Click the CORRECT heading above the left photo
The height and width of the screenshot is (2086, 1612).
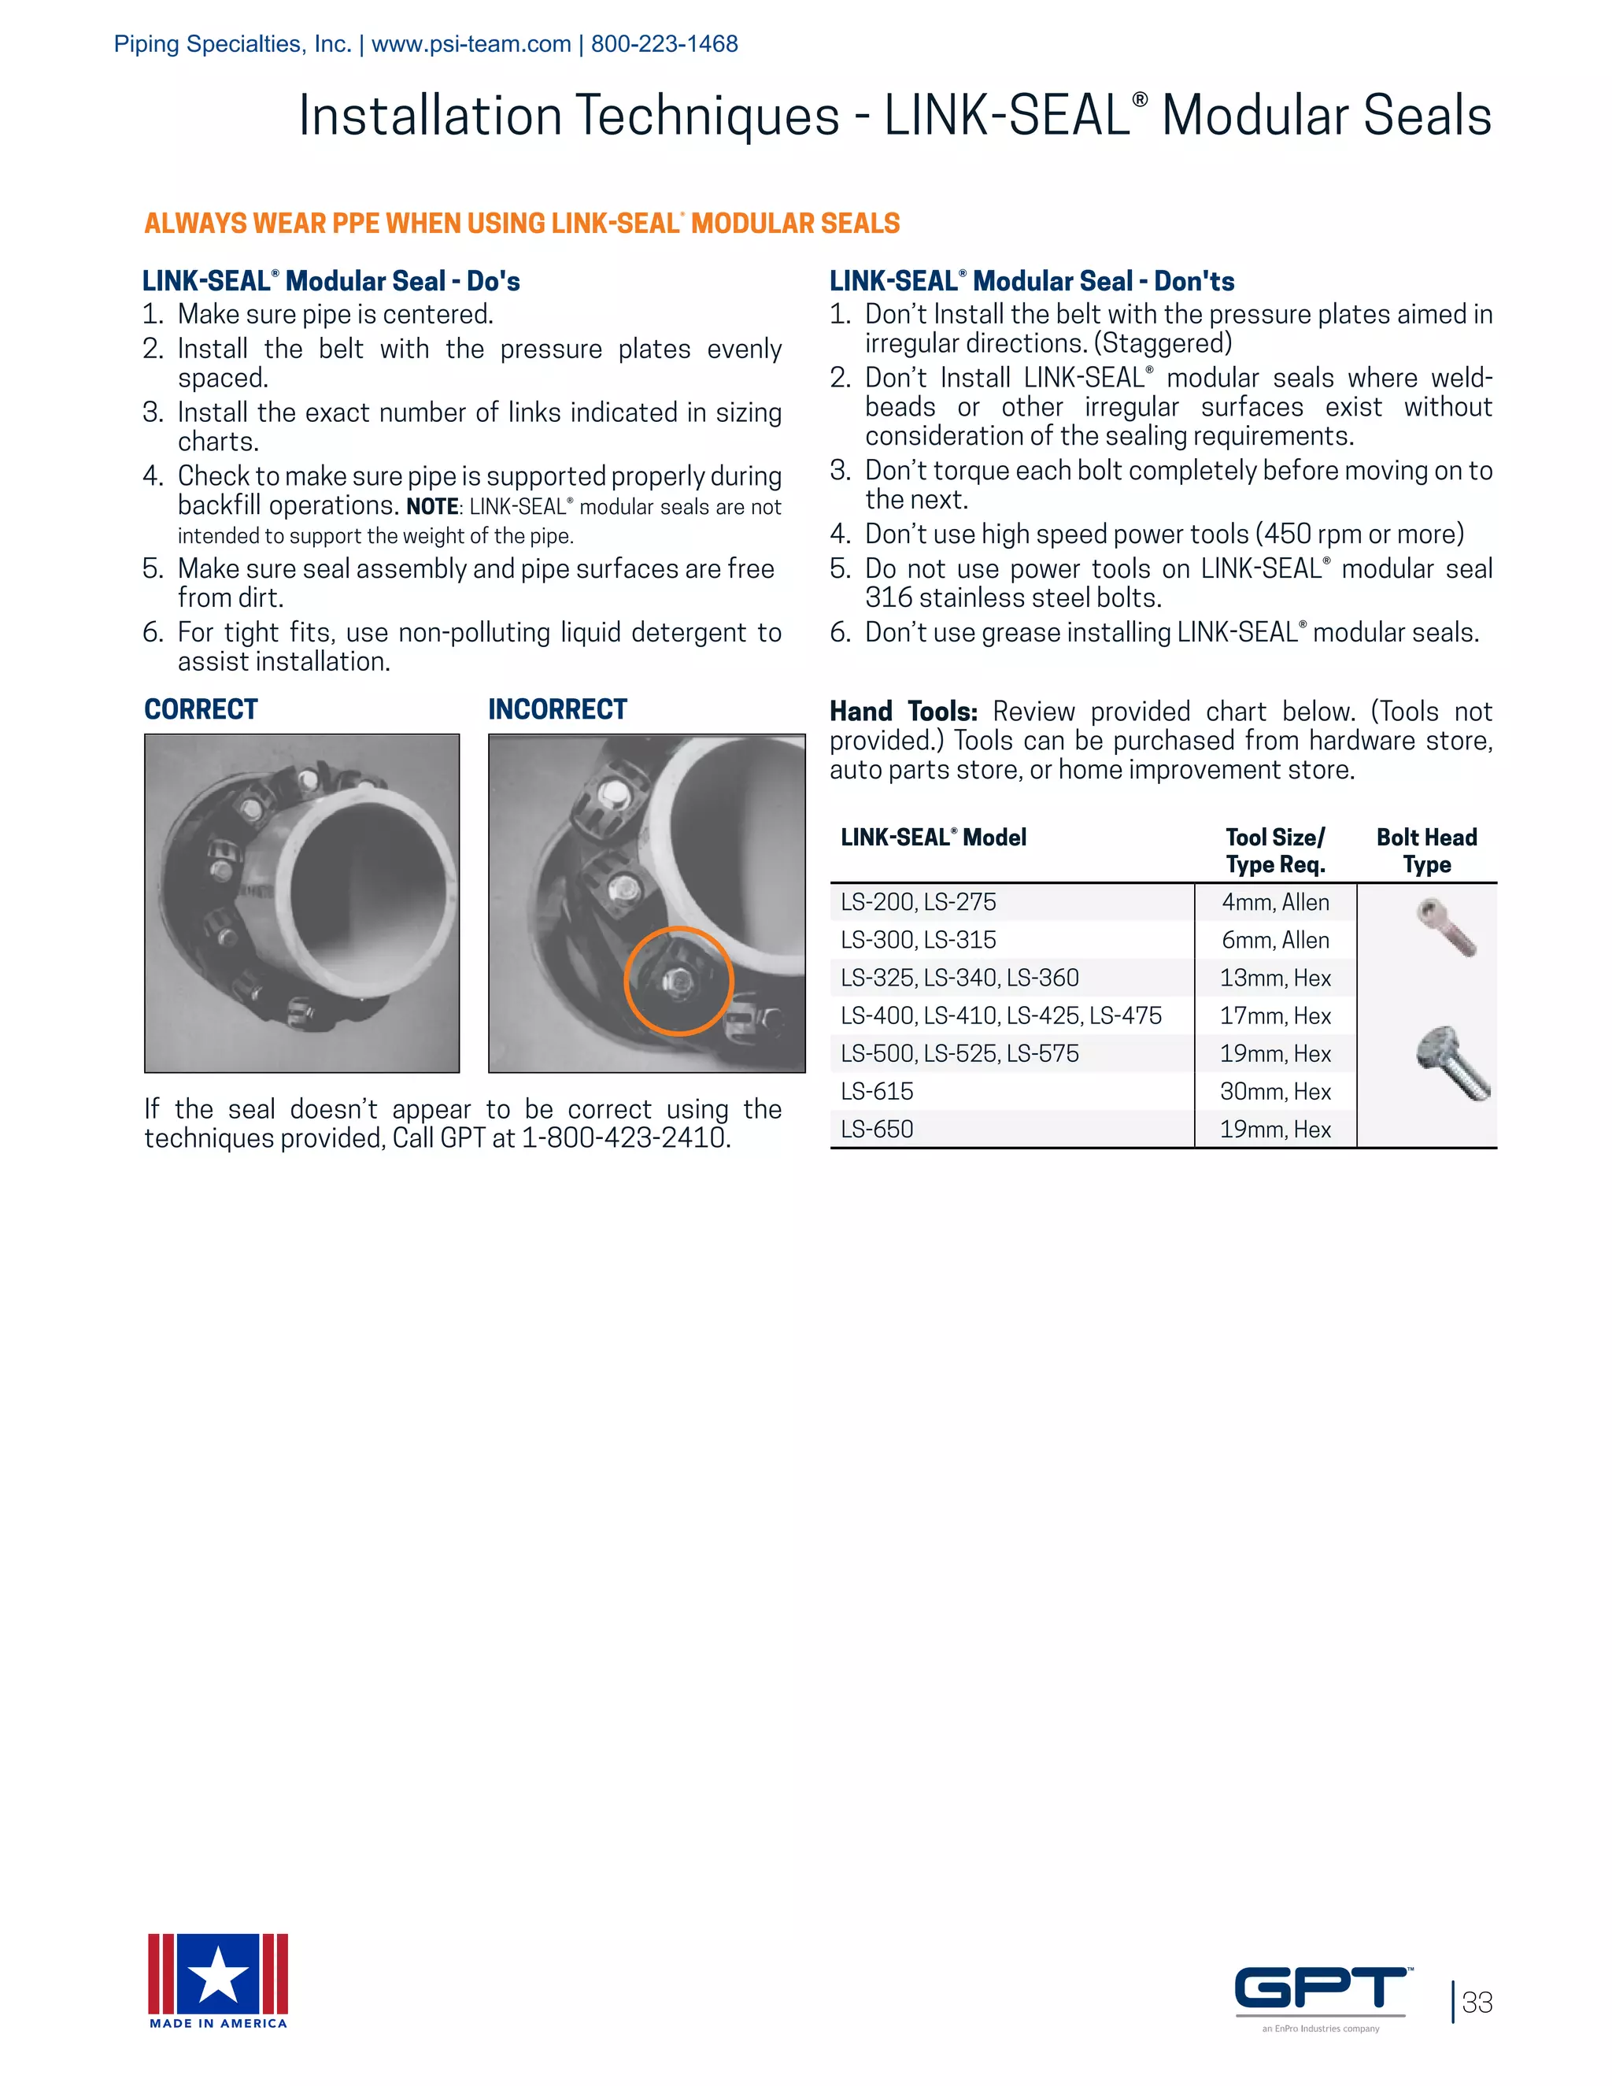(201, 710)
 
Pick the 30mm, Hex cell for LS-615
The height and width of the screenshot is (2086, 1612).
(1275, 1092)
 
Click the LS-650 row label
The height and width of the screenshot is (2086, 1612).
(877, 1130)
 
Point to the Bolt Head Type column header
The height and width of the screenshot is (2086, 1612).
(1425, 851)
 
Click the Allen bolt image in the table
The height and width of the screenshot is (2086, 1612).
(1447, 927)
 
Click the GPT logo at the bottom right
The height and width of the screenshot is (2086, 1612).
(1321, 1988)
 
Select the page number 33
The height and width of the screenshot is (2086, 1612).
(1477, 2003)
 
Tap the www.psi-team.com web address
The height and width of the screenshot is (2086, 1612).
(471, 44)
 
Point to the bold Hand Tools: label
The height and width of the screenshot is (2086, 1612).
(903, 712)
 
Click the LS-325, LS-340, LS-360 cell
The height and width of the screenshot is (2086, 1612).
(959, 978)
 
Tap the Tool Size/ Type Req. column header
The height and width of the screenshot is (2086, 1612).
(1275, 851)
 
